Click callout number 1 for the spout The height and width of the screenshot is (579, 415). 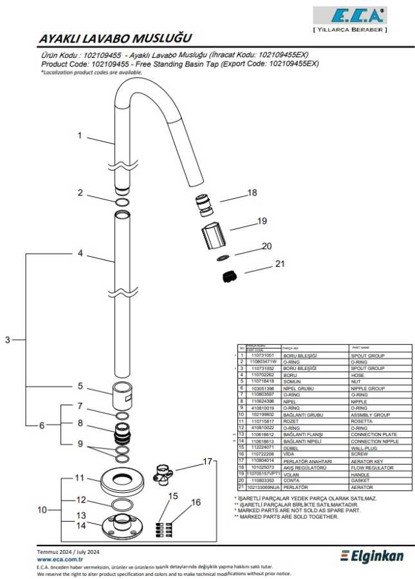[x=80, y=136]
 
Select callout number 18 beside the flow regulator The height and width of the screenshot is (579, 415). [x=252, y=192]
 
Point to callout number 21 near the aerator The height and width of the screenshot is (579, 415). [x=279, y=263]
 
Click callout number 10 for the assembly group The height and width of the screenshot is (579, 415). [x=42, y=510]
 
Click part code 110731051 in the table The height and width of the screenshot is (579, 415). [x=262, y=355]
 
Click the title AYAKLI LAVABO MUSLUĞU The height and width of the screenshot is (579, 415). [x=116, y=39]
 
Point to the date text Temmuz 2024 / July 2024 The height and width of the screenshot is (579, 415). [x=68, y=552]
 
